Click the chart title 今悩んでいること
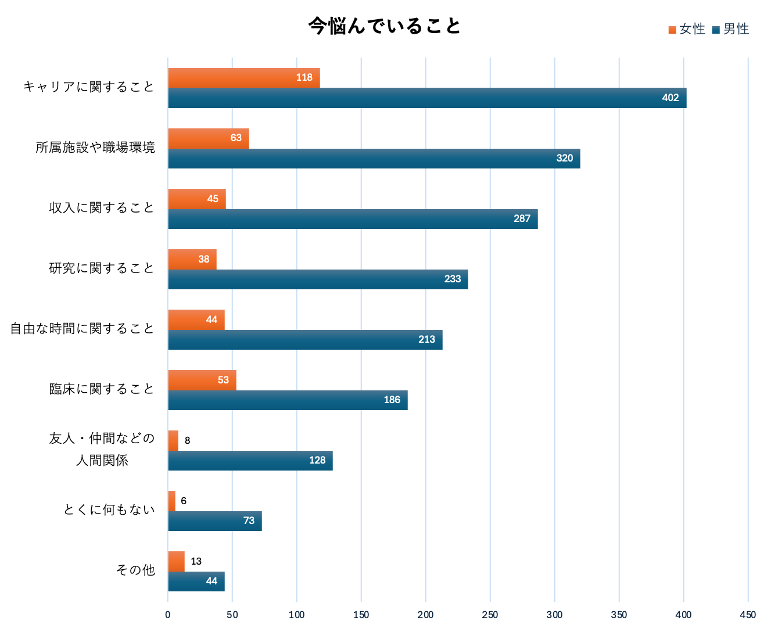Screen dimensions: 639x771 click(x=385, y=26)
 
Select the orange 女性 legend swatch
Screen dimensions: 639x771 click(x=672, y=30)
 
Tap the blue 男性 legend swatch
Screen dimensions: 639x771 click(x=716, y=30)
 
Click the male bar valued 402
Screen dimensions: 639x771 click(x=427, y=98)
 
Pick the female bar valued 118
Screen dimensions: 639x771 click(x=243, y=78)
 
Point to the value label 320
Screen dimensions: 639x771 click(x=564, y=159)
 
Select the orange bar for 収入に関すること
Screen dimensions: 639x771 click(x=196, y=199)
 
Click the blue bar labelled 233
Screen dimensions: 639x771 click(x=318, y=279)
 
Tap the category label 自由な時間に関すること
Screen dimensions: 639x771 click(x=83, y=329)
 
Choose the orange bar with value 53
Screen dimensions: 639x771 click(x=202, y=380)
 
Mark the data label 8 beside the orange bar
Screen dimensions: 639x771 click(x=187, y=441)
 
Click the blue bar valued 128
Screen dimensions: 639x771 click(x=250, y=461)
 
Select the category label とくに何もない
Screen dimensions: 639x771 click(x=109, y=510)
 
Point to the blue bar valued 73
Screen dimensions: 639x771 click(x=214, y=521)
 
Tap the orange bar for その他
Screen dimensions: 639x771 click(x=176, y=561)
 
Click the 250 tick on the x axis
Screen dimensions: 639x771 click(x=490, y=615)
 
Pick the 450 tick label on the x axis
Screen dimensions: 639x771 click(x=748, y=615)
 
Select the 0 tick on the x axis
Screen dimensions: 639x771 click(x=168, y=615)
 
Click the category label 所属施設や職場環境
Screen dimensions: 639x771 click(x=95, y=148)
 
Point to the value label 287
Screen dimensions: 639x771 click(x=522, y=219)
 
